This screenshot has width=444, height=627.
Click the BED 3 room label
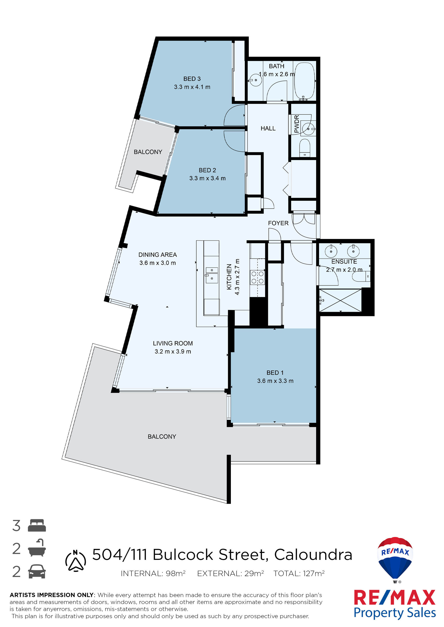pos(192,79)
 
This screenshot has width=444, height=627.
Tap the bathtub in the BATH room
pos(305,81)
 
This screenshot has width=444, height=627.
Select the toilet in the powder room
pos(305,148)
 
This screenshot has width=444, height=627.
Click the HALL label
pos(268,128)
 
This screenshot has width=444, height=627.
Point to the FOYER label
pos(278,223)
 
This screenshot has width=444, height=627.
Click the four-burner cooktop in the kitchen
pos(257,277)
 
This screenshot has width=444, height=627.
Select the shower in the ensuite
pos(340,300)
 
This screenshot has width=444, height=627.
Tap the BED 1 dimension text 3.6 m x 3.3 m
pos(275,381)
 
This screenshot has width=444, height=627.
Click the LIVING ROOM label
pos(173,343)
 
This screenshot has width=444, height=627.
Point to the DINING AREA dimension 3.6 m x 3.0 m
pos(157,263)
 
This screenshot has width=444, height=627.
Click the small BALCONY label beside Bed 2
pos(148,152)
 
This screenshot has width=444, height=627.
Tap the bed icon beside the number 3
pos(37,525)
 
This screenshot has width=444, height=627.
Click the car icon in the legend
pos(37,571)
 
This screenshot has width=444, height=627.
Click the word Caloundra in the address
pos(313,555)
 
